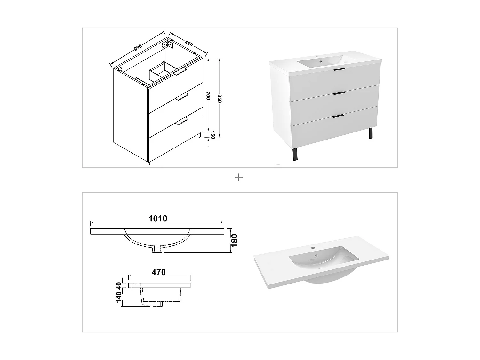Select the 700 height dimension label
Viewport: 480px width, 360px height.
208,96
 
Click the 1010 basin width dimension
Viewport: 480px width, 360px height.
158,219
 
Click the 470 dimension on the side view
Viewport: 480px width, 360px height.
159,272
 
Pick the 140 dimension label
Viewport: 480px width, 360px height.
119,297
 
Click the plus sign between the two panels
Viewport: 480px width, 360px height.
239,178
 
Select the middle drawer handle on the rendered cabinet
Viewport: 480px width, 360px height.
339,93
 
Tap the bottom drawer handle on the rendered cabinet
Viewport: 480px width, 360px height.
339,116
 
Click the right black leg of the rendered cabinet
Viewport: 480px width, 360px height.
371,133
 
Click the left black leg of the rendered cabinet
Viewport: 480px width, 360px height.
294,154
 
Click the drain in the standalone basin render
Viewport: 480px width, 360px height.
315,256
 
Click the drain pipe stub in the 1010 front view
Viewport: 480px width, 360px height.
158,250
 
